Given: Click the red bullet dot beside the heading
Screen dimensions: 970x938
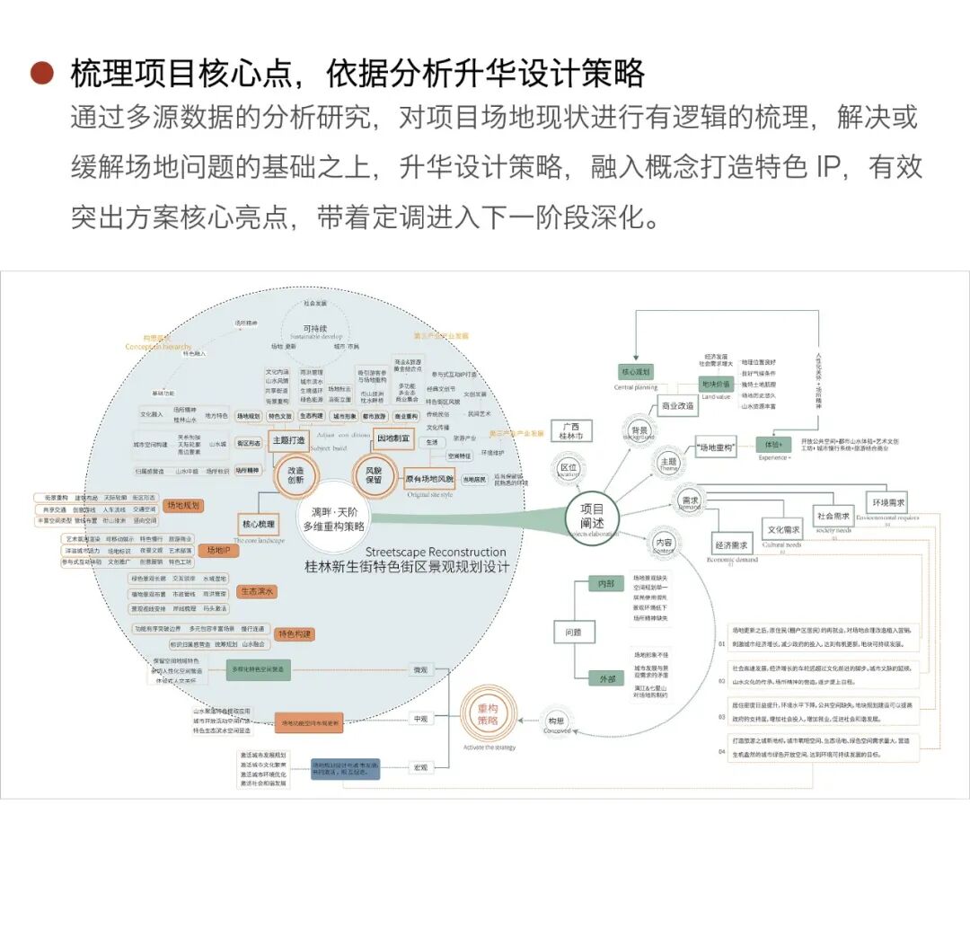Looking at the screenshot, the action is (41, 74).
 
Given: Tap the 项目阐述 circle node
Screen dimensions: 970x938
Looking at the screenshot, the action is (591, 517).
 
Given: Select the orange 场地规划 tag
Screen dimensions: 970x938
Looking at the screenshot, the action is (183, 505).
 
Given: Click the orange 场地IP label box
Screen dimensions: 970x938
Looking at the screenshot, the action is (217, 550).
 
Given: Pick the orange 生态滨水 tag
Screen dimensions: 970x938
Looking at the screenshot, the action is (257, 591).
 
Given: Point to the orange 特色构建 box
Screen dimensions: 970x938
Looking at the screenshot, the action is (293, 634).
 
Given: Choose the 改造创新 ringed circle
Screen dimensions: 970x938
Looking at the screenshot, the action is (295, 474).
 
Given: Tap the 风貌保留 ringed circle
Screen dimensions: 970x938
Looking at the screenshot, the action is (372, 474).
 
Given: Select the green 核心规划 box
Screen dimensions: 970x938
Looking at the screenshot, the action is (636, 371).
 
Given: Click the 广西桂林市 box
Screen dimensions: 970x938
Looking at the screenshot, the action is (571, 431).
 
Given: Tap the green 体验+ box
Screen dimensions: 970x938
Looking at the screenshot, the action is (773, 444).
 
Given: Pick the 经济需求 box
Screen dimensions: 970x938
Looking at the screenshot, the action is (732, 544).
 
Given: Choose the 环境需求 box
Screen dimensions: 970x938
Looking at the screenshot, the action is (886, 502).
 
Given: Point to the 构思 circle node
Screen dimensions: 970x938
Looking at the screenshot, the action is (557, 720).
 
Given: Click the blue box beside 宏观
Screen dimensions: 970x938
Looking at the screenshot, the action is (346, 769).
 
